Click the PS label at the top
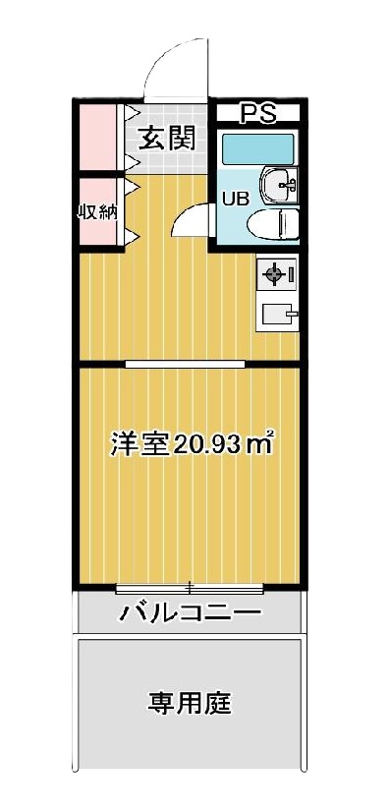(258, 114)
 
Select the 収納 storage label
(97, 212)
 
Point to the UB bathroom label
(236, 198)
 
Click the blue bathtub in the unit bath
(258, 149)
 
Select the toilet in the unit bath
(273, 224)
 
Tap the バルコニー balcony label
(191, 613)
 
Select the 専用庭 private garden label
(191, 703)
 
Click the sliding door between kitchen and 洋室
(185, 364)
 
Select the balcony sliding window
(190, 588)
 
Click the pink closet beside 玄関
(97, 137)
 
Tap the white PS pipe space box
(258, 114)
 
